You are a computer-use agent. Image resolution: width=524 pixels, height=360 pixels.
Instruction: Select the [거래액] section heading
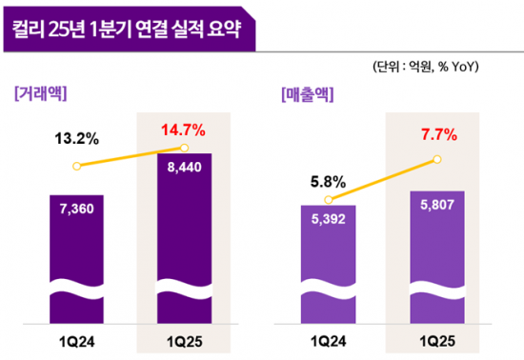46,93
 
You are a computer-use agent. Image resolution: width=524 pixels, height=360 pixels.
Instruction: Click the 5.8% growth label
329,178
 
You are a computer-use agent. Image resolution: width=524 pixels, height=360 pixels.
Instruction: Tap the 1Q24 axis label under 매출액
329,340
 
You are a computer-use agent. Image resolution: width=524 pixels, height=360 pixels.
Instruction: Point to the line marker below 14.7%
184,148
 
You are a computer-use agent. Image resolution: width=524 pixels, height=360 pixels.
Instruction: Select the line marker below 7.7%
436,159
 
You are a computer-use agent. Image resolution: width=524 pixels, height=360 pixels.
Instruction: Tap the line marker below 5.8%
329,200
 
